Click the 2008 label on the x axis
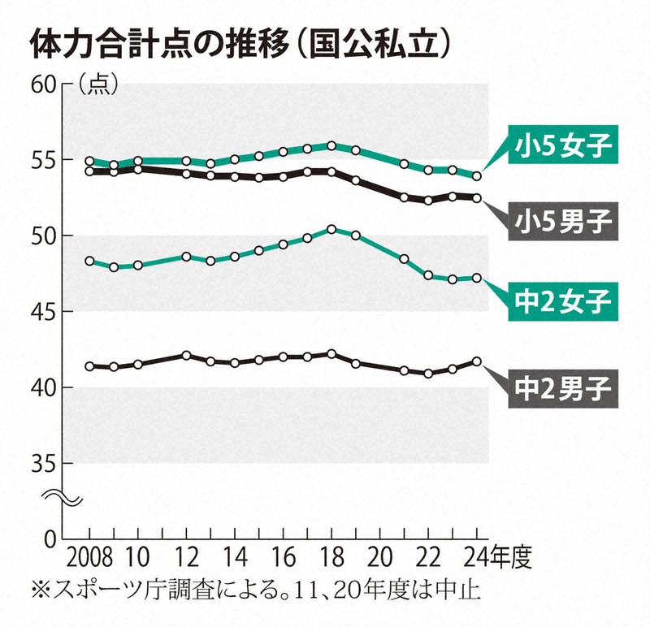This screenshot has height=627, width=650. coord(89,560)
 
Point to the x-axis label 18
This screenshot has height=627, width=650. coord(331,560)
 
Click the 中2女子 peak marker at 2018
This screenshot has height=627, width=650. coord(331,229)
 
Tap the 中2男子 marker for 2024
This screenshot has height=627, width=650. coord(477,361)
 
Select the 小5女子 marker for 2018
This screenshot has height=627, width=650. coord(331,146)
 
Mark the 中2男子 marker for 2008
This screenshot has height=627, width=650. coord(89,366)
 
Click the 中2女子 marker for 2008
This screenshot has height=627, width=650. coord(89,262)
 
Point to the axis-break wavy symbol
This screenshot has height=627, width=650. coord(64,495)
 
